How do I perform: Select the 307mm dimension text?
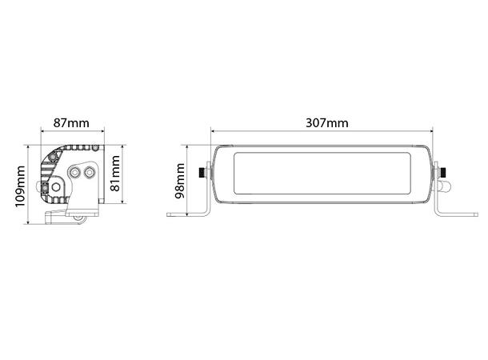(326, 122)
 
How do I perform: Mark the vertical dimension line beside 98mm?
(189, 181)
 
